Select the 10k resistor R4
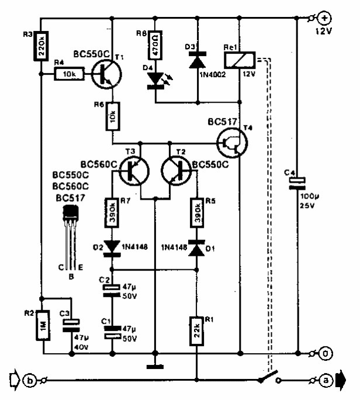point(70,74)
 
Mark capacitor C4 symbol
point(297,184)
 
